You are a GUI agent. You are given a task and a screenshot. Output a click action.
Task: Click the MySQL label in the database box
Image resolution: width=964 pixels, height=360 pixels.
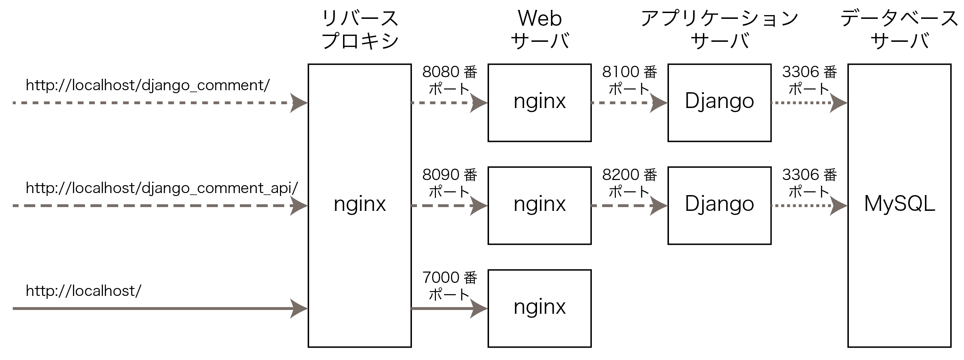point(899,204)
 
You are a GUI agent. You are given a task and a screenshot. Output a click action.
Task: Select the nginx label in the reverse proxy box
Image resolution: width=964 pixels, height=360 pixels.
point(359,204)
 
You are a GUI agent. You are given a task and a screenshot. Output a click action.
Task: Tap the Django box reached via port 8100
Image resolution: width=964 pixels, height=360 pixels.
point(719,103)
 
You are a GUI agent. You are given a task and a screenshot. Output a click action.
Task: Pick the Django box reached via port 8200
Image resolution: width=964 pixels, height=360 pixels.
point(719,205)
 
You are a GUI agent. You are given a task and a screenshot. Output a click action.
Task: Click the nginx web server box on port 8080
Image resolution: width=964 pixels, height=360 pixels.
point(539,103)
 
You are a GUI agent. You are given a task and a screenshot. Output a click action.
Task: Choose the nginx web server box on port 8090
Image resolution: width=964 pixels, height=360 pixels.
point(539,205)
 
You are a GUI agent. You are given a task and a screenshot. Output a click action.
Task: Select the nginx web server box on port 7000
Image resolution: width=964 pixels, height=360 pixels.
point(539,308)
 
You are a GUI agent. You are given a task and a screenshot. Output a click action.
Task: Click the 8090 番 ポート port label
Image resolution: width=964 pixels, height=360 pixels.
point(449,183)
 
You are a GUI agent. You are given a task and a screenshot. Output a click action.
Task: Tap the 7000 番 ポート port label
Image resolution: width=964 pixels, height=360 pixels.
point(449,286)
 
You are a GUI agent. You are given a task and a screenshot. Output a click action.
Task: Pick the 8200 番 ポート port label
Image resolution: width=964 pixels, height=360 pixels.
point(630,183)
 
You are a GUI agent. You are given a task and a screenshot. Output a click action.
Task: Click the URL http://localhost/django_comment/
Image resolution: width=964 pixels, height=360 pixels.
point(147,86)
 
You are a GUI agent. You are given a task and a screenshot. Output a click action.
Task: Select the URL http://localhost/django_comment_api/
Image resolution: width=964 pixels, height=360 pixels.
point(162,188)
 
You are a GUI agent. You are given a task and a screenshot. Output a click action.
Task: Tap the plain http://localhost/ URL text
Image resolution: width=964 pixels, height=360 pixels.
point(84,291)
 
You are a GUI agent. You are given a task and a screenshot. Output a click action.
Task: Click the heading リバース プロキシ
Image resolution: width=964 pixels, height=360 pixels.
point(359,29)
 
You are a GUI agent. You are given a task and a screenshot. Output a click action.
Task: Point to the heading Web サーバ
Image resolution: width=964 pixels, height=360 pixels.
point(540,29)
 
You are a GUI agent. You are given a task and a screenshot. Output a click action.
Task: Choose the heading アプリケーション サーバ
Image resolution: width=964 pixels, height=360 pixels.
point(719,29)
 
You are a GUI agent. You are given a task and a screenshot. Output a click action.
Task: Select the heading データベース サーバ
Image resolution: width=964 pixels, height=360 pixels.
point(899,29)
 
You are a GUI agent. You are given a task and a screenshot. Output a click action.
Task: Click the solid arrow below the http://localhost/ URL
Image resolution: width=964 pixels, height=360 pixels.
point(157,309)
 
